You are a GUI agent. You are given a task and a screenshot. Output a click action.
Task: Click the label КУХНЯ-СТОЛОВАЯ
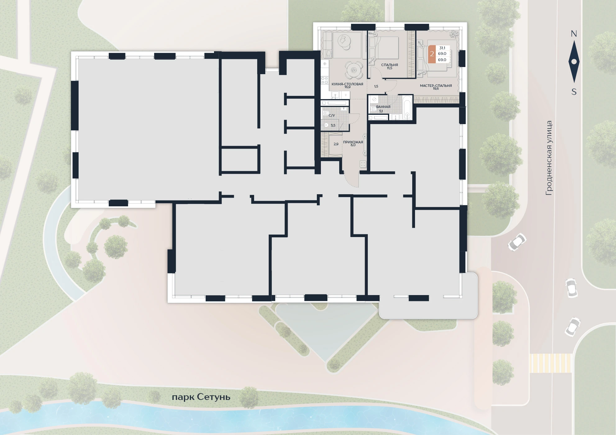[347, 84]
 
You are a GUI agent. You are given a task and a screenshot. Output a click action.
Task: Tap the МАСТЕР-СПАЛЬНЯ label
[436, 86]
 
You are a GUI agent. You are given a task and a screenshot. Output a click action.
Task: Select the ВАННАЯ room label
[383, 107]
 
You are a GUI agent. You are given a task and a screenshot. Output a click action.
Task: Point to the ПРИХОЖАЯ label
[353, 142]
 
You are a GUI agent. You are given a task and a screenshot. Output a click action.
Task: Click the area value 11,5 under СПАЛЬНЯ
[390, 68]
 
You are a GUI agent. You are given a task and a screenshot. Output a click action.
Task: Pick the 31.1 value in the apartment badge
[442, 48]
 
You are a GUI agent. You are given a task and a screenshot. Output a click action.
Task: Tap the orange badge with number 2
[432, 54]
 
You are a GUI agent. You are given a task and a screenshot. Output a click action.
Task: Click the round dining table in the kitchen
[354, 70]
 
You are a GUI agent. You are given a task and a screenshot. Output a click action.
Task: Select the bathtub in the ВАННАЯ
[407, 108]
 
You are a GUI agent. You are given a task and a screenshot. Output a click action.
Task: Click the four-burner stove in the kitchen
[325, 80]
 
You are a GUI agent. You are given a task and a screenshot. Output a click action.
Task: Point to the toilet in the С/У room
[326, 113]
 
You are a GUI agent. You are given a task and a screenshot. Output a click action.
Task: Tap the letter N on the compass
[574, 34]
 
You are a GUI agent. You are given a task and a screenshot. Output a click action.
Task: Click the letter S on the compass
[574, 92]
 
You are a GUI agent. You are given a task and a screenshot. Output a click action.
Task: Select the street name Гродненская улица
[549, 158]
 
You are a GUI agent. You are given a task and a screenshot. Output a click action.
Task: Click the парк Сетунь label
[201, 397]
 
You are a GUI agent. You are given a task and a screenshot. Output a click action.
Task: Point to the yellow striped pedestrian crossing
[550, 363]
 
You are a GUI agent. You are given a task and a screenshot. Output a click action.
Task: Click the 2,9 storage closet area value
[336, 144]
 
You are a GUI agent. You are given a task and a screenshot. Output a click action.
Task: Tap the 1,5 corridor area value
[376, 87]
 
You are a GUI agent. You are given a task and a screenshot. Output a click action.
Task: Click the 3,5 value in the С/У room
[333, 126]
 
